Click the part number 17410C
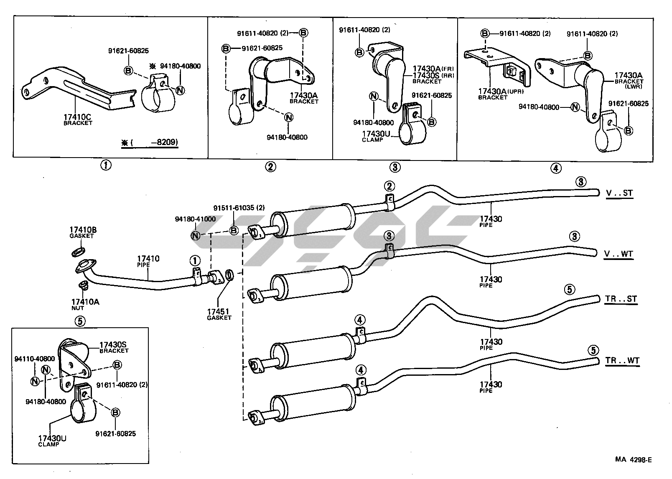pos(78,117)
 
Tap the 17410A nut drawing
pos(83,286)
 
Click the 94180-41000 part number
pos(195,219)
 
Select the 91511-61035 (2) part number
pos(239,208)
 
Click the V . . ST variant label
pos(619,193)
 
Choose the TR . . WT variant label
pos(622,361)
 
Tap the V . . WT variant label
pos(619,254)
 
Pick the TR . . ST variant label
pos(621,299)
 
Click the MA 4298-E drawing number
pos(633,460)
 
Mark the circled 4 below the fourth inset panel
pos(555,168)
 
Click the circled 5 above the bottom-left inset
pos(80,321)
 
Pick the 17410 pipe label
pos(148,259)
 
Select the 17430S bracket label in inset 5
pos(113,345)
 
